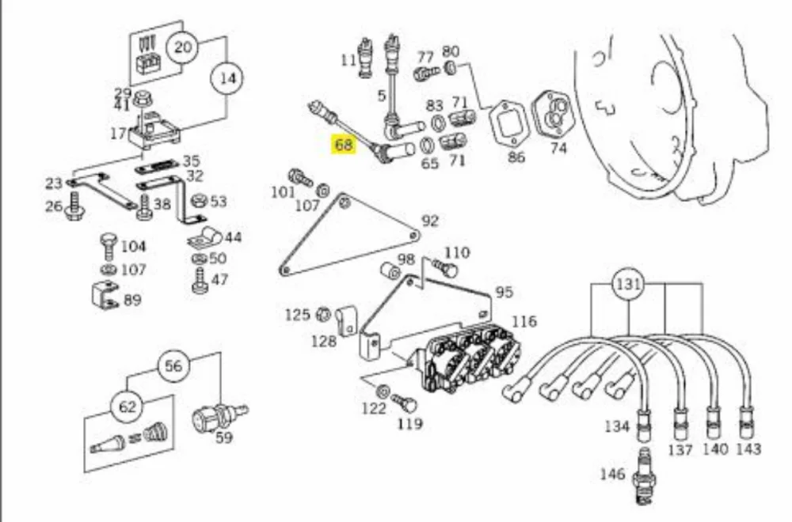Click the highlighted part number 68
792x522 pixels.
point(344,145)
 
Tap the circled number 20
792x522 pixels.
point(183,47)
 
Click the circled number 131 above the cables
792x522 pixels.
point(628,285)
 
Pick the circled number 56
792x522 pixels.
point(173,365)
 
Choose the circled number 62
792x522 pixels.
point(127,406)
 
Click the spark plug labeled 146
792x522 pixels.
point(643,475)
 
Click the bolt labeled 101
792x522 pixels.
point(300,177)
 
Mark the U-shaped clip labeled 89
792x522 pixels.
point(104,295)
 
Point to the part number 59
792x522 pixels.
point(224,437)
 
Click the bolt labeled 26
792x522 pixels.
point(74,206)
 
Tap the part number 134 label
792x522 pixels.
point(617,426)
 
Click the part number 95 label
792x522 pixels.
point(504,292)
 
